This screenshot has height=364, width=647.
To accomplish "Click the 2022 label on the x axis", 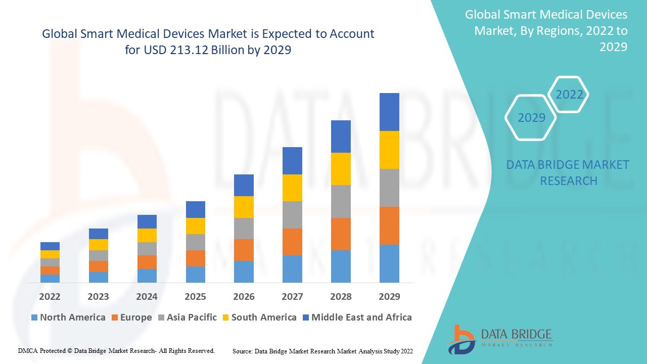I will point(50,296).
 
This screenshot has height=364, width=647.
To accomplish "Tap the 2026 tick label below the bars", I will point(244,296).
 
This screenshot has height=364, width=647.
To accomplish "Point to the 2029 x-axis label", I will point(389,296).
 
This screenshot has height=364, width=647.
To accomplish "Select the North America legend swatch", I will point(34,317).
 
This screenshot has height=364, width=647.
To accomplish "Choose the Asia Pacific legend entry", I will point(187,317).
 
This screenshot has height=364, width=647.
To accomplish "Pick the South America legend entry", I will point(259,317).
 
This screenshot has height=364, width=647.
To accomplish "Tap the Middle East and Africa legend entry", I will point(356,317).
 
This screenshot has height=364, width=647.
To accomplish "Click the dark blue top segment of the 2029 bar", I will point(389,112).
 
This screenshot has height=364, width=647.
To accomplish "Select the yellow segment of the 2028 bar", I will point(341,168).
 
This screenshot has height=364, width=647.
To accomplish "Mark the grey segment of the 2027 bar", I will point(292,215).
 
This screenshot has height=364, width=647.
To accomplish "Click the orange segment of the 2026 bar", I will point(244,250).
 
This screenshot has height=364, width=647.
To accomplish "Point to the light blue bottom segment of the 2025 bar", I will point(195,274).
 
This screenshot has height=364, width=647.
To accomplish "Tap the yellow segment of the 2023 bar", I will point(98,245).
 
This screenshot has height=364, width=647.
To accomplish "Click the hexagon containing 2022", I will point(569,95).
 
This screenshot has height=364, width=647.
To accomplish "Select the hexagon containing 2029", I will point(531,118).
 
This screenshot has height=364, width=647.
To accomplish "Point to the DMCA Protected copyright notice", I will point(116,350).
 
